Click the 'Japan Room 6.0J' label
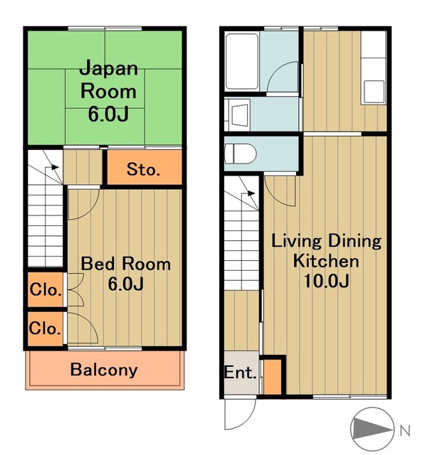(x=108, y=91)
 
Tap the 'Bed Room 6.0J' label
(x=125, y=274)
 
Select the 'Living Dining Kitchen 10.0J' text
(x=327, y=260)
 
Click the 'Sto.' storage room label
(x=143, y=170)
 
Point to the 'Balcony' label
(x=104, y=370)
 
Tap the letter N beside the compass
(x=404, y=429)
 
